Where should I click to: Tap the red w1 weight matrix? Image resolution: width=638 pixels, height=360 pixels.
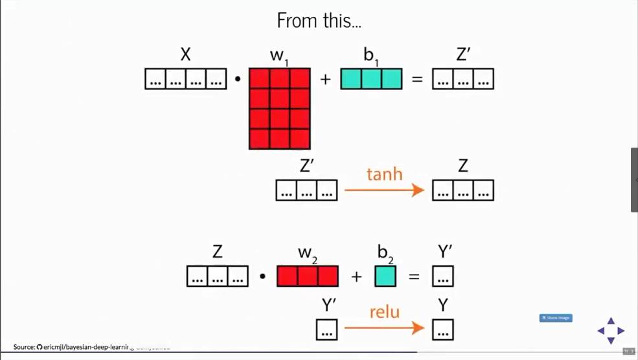(280, 109)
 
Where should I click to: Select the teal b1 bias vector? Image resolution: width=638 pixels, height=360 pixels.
(371, 79)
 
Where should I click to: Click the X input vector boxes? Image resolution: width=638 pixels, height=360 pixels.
(186, 79)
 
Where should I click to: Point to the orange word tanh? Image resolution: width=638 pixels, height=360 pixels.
(384, 174)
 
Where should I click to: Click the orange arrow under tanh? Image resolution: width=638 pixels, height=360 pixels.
(384, 190)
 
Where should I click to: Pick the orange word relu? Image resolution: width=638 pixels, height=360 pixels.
(384, 312)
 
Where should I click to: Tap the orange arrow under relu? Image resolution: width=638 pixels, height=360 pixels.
(384, 329)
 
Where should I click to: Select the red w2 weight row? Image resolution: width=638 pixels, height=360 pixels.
(308, 276)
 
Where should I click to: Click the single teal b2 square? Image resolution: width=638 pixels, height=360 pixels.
(385, 276)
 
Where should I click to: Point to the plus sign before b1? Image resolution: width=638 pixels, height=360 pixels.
(325, 80)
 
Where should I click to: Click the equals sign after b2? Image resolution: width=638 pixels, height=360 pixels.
(414, 277)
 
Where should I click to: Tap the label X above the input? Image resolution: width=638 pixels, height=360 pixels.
(186, 55)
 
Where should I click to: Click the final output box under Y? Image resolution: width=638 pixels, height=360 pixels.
(443, 330)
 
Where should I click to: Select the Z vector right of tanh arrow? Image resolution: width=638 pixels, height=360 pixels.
(463, 190)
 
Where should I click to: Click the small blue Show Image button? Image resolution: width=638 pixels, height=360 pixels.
(556, 318)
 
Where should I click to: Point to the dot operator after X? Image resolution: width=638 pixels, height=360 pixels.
(238, 80)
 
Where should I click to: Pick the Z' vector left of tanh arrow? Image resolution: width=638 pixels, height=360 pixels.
(307, 190)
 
